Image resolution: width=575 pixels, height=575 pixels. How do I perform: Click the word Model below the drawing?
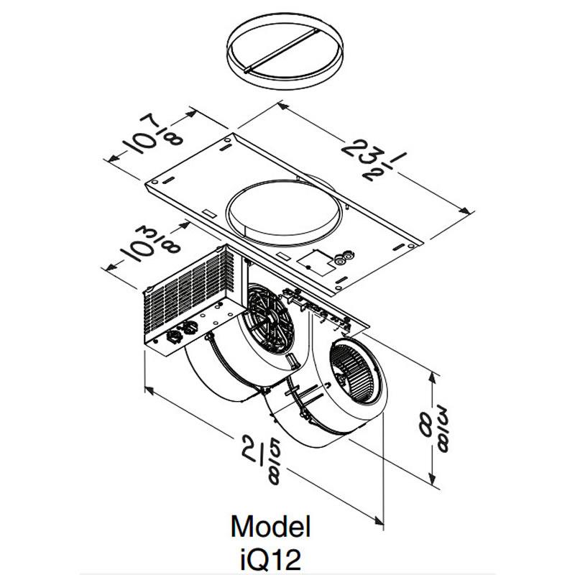271,527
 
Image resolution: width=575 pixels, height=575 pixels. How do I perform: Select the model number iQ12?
271,556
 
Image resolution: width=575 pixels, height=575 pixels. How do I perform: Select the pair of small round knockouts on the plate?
344,256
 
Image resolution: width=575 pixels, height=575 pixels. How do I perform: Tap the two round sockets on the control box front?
183,334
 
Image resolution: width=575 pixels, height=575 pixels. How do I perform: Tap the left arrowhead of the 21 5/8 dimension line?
148,389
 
